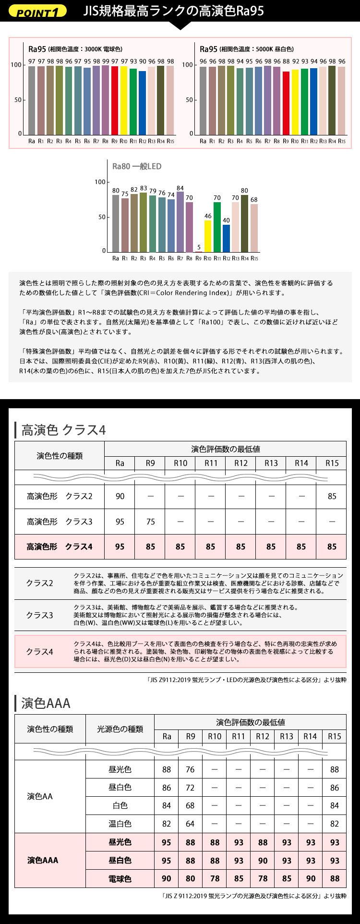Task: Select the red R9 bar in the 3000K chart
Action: (115, 100)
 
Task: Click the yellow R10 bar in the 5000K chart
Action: (295, 102)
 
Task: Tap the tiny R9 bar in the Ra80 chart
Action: (199, 251)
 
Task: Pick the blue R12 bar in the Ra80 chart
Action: (226, 238)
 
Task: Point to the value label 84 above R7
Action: (180, 188)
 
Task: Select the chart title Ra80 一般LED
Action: (137, 167)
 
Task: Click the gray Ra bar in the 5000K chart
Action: (203, 101)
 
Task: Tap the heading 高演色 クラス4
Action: (63, 430)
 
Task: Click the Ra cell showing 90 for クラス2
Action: (120, 496)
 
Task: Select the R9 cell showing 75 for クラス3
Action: (150, 522)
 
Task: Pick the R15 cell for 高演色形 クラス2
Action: (332, 496)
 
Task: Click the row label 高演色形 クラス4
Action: (60, 547)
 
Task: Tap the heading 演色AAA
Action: (46, 704)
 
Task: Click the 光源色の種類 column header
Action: (120, 729)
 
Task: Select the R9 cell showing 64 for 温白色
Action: (190, 824)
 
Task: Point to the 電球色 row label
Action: (120, 878)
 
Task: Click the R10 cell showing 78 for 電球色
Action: (215, 878)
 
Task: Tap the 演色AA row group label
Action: (40, 796)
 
